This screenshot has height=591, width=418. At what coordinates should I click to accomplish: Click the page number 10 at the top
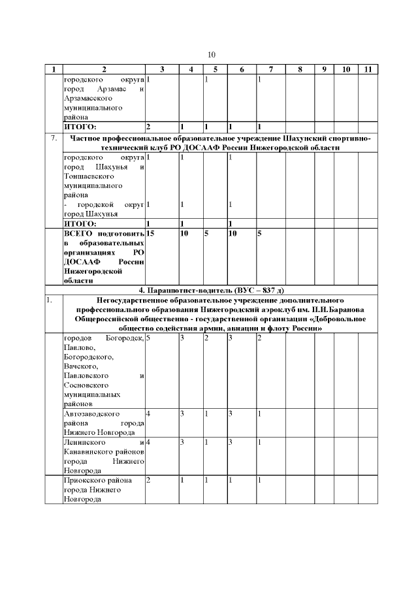point(211,54)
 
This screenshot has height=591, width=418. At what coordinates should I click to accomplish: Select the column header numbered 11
point(368,69)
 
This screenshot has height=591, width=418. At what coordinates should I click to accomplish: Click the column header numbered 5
point(215,69)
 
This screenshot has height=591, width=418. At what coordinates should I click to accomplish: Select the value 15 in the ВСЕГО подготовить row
point(150,233)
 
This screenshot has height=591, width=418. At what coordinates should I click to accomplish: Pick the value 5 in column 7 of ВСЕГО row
point(259,233)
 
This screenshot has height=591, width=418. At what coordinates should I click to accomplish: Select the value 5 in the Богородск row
point(149,338)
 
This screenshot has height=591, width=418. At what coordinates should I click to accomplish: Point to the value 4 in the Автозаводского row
point(149,414)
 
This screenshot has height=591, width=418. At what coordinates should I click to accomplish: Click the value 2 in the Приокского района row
point(149,481)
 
